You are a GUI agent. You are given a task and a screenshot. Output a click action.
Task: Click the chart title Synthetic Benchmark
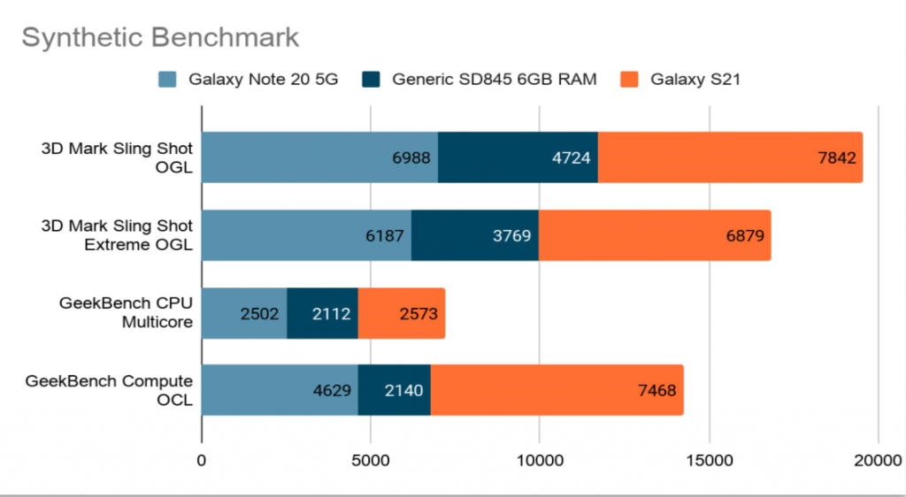(x=160, y=38)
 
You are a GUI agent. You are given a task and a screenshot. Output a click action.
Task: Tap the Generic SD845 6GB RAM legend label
(x=495, y=80)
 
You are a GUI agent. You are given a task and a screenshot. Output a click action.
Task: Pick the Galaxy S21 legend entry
(x=695, y=80)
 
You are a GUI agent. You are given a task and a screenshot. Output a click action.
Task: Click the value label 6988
(x=411, y=158)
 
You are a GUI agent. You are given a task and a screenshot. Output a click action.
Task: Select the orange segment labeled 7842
(x=730, y=157)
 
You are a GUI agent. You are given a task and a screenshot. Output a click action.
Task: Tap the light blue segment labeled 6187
(x=306, y=235)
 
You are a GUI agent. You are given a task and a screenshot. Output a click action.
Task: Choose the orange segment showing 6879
(x=655, y=235)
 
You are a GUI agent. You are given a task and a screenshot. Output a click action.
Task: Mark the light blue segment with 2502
(x=244, y=313)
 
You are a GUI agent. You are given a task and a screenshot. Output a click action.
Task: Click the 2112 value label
(x=332, y=314)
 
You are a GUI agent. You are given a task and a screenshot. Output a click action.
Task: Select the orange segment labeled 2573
(x=401, y=313)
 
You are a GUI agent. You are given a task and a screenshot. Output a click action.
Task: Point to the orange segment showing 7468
(x=557, y=390)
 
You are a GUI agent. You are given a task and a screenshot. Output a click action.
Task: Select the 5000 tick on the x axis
(x=371, y=460)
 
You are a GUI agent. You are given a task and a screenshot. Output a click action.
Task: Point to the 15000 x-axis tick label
(x=709, y=460)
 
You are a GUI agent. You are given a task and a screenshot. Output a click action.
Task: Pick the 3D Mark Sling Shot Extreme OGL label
(x=117, y=235)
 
